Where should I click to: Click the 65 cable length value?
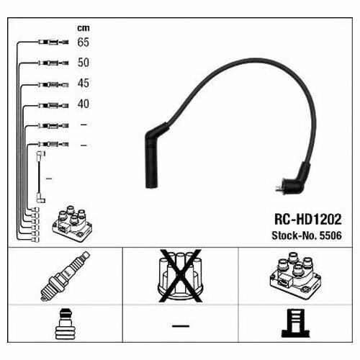point(84,42)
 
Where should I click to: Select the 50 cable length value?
point(84,63)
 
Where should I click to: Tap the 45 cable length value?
point(84,84)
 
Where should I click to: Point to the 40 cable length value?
point(84,104)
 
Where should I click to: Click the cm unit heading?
point(84,28)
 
